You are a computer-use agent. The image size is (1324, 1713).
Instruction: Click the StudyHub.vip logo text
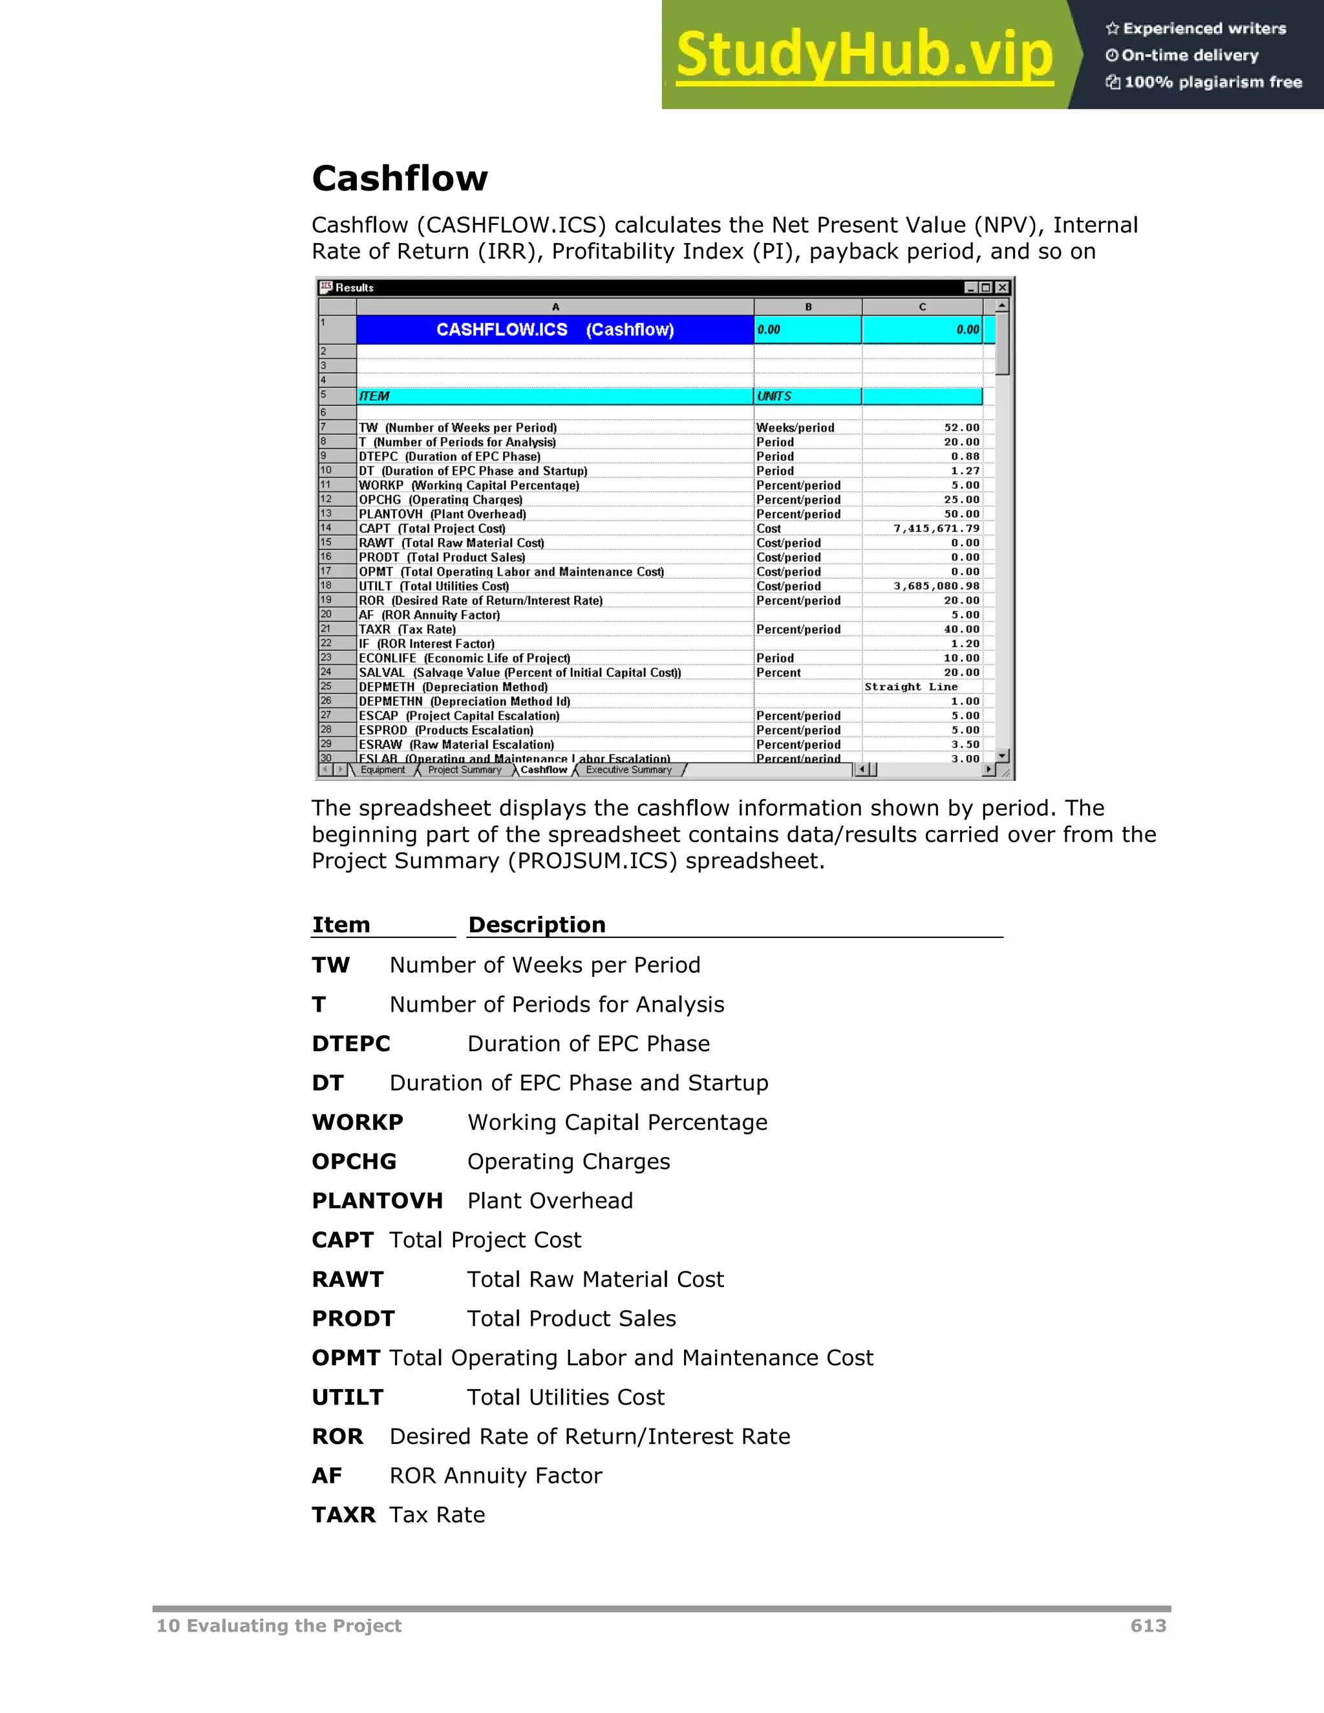click(864, 55)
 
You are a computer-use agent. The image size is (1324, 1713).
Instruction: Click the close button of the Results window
click(1001, 288)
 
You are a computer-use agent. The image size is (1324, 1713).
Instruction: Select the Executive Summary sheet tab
click(628, 771)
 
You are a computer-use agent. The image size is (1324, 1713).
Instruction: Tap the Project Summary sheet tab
click(464, 771)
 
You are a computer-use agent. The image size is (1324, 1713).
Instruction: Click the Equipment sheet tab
click(383, 771)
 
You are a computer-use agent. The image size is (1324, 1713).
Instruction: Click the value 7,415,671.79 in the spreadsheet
click(937, 529)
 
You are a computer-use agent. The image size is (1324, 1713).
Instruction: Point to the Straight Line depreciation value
click(911, 687)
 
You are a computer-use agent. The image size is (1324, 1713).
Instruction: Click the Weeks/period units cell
click(795, 428)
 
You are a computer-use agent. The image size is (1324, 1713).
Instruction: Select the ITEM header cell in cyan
click(555, 396)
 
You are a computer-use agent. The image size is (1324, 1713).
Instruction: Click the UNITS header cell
click(806, 396)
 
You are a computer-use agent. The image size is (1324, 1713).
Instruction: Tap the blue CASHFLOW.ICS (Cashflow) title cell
click(555, 330)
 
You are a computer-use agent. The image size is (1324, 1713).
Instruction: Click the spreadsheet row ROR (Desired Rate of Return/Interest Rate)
click(481, 601)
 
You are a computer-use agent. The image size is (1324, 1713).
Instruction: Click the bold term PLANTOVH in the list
click(378, 1201)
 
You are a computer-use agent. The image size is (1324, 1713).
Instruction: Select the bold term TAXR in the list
click(343, 1515)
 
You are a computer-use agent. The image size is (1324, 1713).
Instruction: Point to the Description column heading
click(537, 925)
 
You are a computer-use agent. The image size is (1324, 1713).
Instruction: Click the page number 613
click(1148, 1626)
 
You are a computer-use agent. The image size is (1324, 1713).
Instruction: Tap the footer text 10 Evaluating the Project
click(279, 1626)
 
